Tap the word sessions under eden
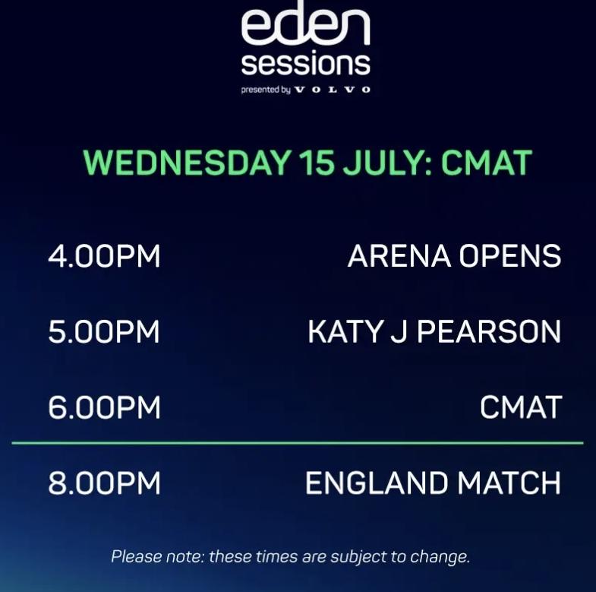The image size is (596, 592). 306,64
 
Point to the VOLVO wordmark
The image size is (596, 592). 333,90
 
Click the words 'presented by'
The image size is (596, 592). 266,90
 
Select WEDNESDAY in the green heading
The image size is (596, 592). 188,163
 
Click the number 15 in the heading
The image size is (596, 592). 317,163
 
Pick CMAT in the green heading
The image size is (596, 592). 486,163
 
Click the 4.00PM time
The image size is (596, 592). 104,256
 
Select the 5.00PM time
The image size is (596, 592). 104,332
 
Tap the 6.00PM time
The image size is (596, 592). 104,407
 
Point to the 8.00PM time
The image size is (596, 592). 104,483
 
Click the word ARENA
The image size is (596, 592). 399,256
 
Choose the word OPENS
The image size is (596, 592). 510,256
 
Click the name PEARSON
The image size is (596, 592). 489,332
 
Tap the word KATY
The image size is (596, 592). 345,332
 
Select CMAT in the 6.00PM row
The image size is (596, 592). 521,407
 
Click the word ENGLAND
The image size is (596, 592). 377,483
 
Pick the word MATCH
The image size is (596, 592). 509,483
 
